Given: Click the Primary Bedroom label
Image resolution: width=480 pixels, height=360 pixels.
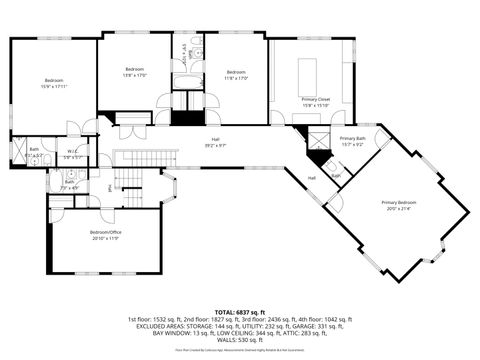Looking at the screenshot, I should (398, 202).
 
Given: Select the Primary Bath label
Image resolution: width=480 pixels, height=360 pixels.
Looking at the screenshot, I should (352, 138).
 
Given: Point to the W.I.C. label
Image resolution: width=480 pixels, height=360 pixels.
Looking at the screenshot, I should (72, 152).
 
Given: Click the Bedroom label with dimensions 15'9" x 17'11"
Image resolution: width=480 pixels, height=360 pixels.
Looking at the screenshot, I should (53, 80).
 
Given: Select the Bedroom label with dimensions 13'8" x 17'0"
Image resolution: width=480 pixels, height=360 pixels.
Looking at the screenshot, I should (134, 70).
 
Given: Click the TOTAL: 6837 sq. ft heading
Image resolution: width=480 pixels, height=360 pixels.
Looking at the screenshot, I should (239, 311).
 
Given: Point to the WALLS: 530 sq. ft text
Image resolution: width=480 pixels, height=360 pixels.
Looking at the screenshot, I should (239, 339).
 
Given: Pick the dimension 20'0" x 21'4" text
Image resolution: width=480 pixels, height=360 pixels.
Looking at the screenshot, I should (398, 208).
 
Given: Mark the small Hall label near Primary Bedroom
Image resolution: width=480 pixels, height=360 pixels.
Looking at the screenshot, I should (311, 177).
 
